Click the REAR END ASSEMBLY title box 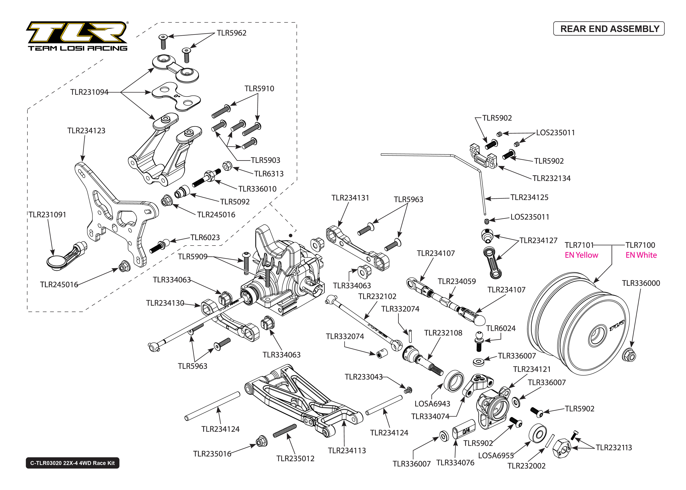608,29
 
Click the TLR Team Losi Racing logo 78,36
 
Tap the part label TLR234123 86,131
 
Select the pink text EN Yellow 581,255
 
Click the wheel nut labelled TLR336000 629,355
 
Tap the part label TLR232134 551,178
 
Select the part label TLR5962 231,33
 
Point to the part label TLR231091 47,215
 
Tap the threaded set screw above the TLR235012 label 285,431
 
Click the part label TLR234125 529,197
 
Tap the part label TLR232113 614,448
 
